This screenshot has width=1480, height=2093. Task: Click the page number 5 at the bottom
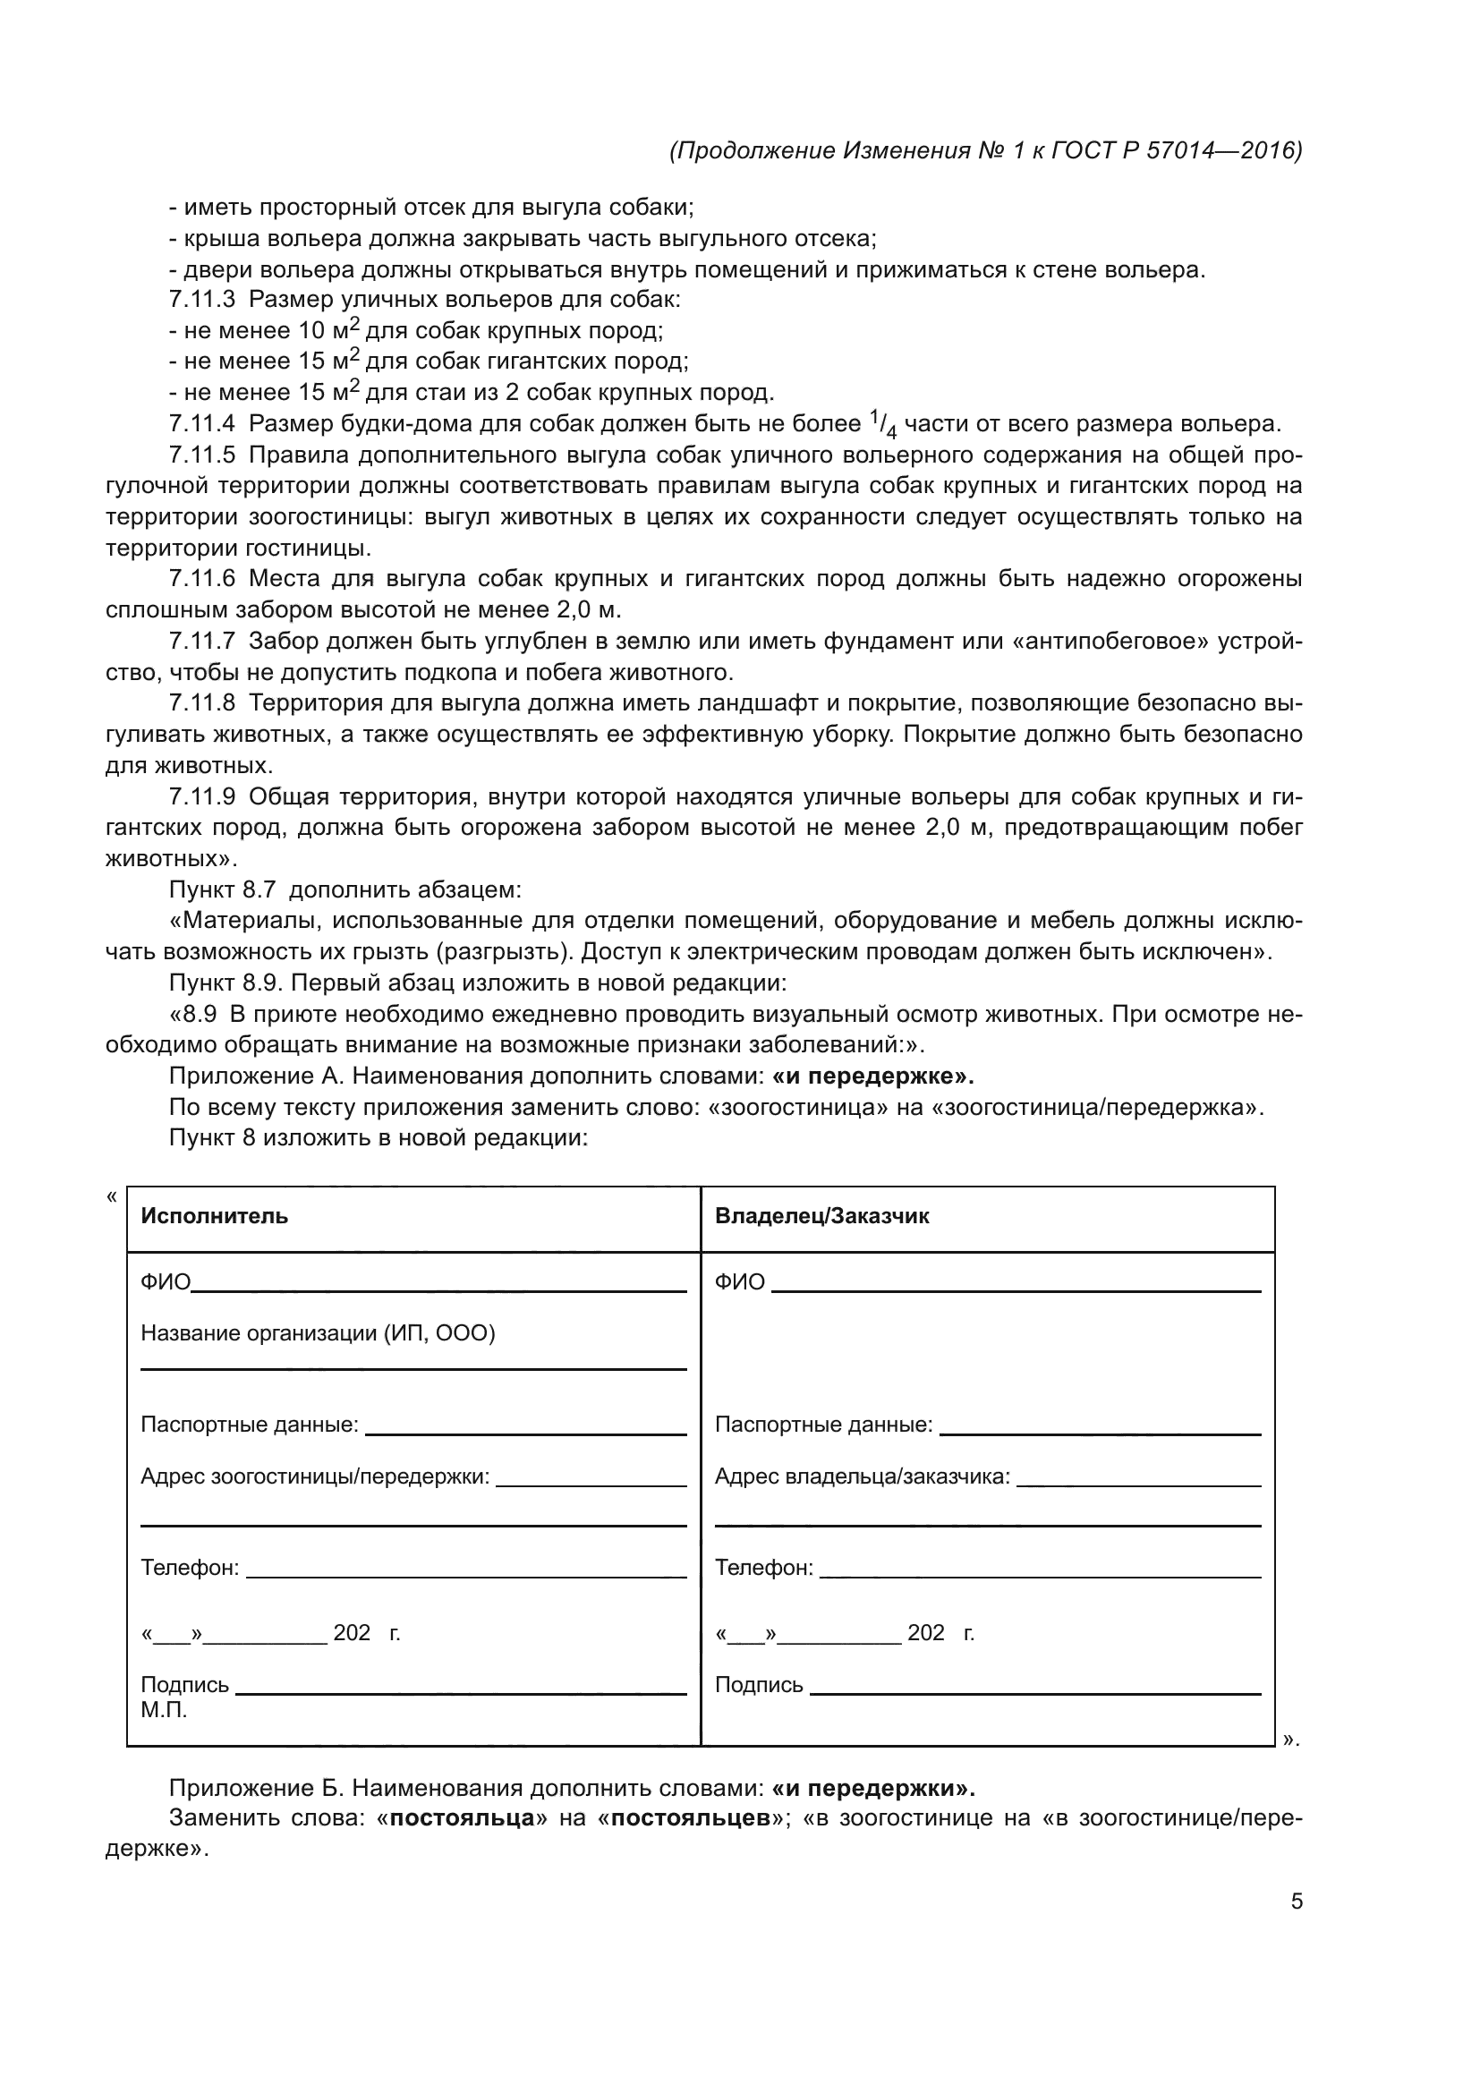pos(1296,1902)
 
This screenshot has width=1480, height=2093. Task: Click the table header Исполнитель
pos(214,1216)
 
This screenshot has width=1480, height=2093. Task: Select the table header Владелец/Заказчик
pos(821,1216)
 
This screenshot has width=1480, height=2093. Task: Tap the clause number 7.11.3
pos(201,299)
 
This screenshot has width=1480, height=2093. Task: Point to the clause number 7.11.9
pos(201,796)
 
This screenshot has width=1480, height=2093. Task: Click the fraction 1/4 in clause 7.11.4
pos(882,424)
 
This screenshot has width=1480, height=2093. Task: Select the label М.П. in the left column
pos(164,1710)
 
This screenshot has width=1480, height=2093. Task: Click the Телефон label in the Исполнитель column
pos(190,1568)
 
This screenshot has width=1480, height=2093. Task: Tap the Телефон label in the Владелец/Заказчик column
pos(763,1568)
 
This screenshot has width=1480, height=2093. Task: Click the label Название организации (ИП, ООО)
pos(317,1333)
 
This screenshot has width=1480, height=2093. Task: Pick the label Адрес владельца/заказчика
pos(862,1476)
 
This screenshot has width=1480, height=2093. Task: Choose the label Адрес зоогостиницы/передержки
pos(314,1476)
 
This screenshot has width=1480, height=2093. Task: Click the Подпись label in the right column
pos(758,1685)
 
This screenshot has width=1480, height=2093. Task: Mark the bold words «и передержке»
pos(872,1076)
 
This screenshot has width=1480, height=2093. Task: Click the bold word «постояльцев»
pos(692,1818)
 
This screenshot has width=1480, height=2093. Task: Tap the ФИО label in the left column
pos(165,1282)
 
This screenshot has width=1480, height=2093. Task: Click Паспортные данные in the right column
pos(823,1425)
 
